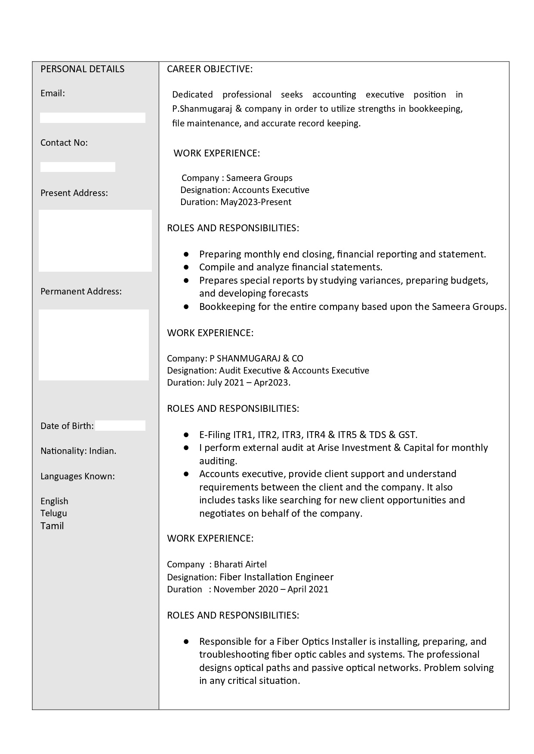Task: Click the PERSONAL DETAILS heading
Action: point(82,69)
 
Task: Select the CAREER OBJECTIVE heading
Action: point(210,69)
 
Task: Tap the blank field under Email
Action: point(93,118)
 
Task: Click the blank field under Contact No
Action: point(78,167)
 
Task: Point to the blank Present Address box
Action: point(95,241)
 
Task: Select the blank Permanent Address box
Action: point(94,345)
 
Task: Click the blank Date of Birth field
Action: point(120,426)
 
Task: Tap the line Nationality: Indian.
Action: point(78,451)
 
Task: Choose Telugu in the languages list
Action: point(54,513)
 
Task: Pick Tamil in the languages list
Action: point(52,526)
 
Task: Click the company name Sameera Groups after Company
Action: point(259,178)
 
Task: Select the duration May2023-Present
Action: point(256,202)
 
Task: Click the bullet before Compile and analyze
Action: point(186,267)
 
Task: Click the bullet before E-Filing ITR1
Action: point(186,435)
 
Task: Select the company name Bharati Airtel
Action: point(240,564)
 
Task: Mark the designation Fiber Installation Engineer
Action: point(276,577)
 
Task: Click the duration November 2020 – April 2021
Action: point(271,589)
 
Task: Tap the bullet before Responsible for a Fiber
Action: point(186,641)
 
